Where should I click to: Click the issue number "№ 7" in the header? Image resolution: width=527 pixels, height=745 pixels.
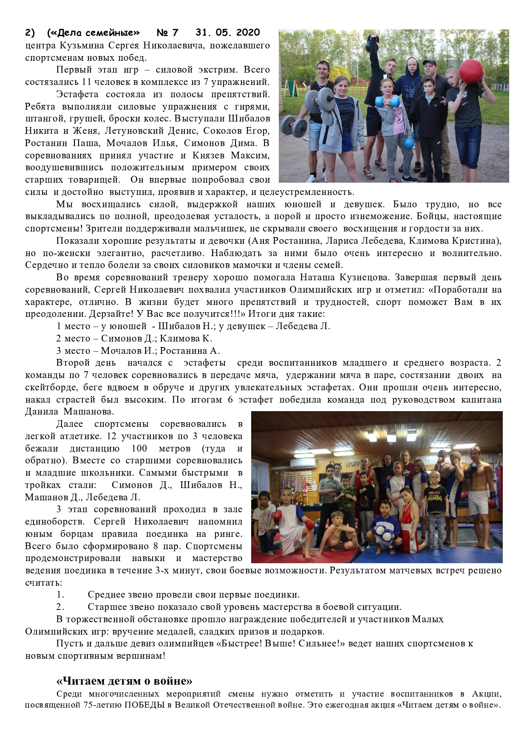[x=167, y=33]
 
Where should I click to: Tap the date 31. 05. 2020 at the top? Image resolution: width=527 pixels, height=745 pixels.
[x=228, y=33]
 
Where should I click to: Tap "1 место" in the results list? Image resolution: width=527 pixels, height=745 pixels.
[x=73, y=326]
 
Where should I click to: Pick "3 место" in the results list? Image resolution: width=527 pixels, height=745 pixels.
[x=73, y=351]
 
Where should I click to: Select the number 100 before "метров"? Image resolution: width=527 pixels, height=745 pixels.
[x=139, y=449]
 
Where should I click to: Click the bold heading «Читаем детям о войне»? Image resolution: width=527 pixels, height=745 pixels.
[x=124, y=681]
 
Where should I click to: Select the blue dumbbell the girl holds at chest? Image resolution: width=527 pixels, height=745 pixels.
[x=387, y=102]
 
